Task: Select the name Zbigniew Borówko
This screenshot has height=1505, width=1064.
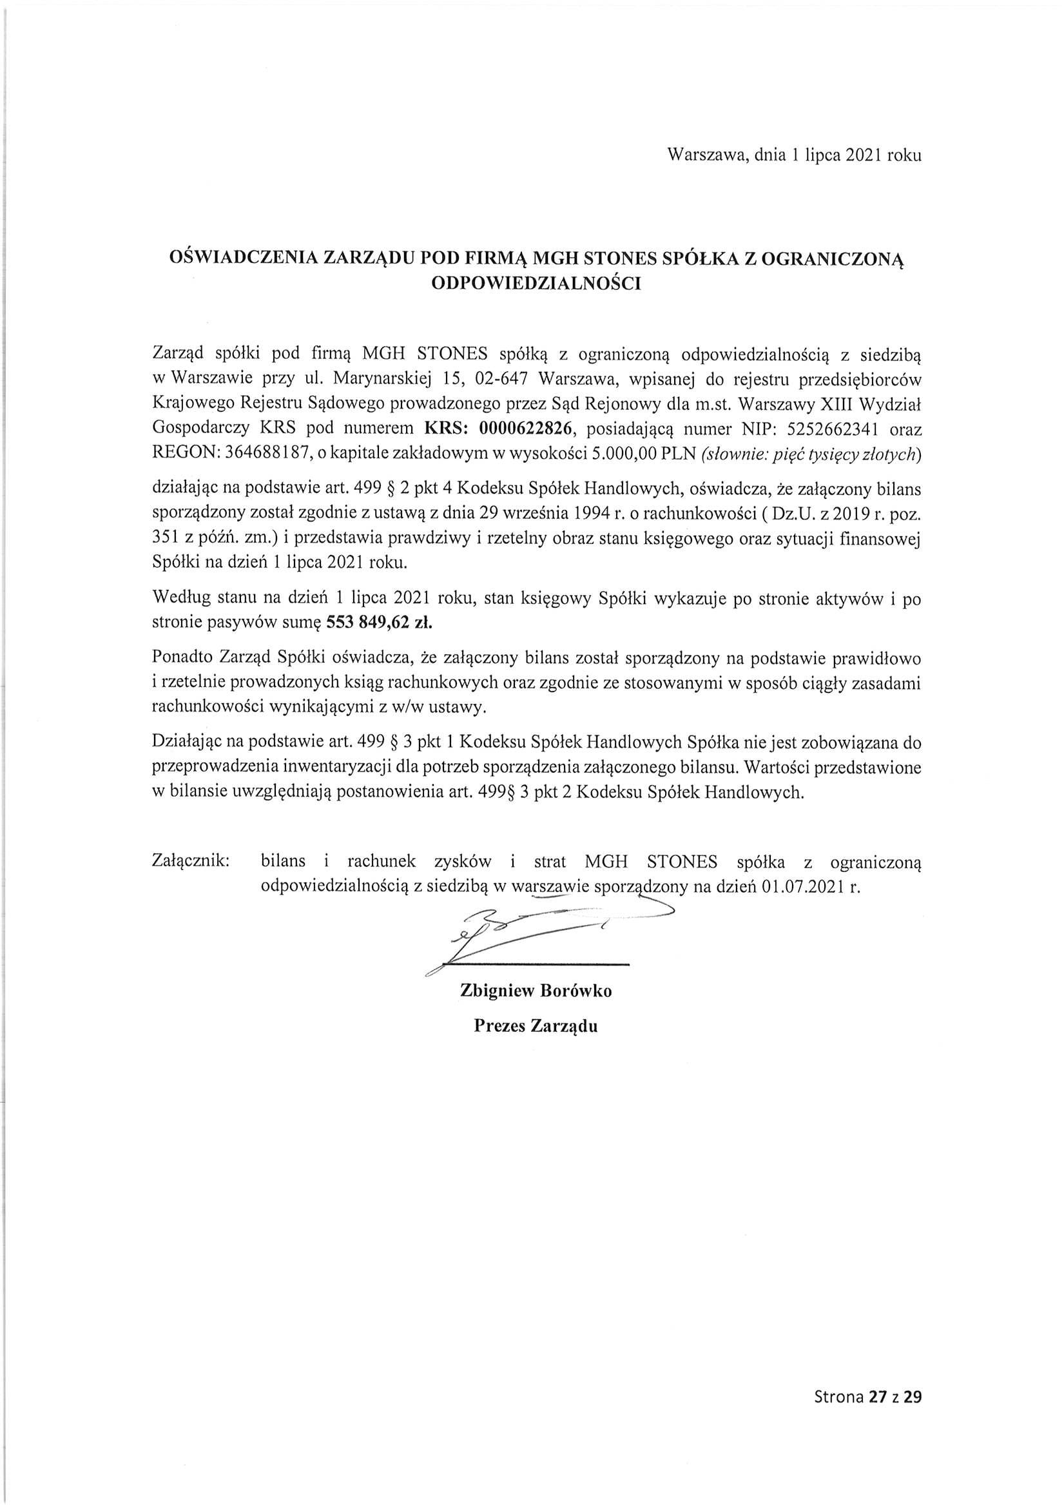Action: pyautogui.click(x=536, y=991)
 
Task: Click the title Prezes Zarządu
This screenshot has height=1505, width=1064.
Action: pyautogui.click(x=536, y=1026)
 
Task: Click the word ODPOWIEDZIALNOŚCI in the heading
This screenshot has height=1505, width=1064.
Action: pyautogui.click(x=536, y=284)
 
